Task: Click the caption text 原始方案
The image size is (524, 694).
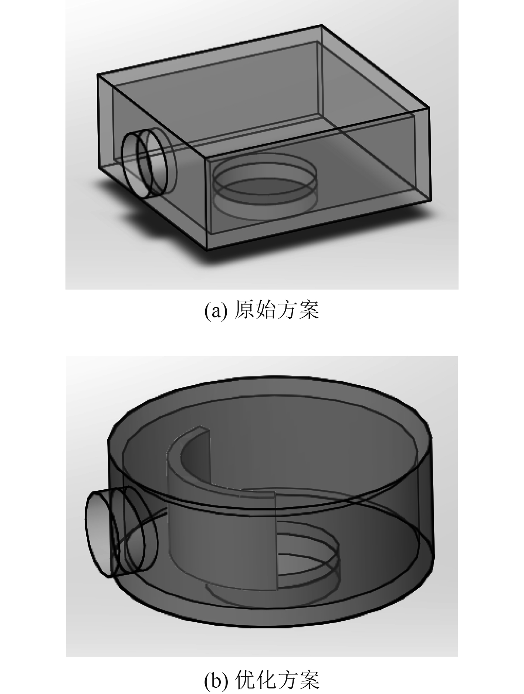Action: tap(277, 310)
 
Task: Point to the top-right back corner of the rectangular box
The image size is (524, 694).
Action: tap(321, 25)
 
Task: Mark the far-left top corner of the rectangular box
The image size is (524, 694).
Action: tap(98, 74)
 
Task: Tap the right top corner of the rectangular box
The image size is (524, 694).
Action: tap(429, 108)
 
